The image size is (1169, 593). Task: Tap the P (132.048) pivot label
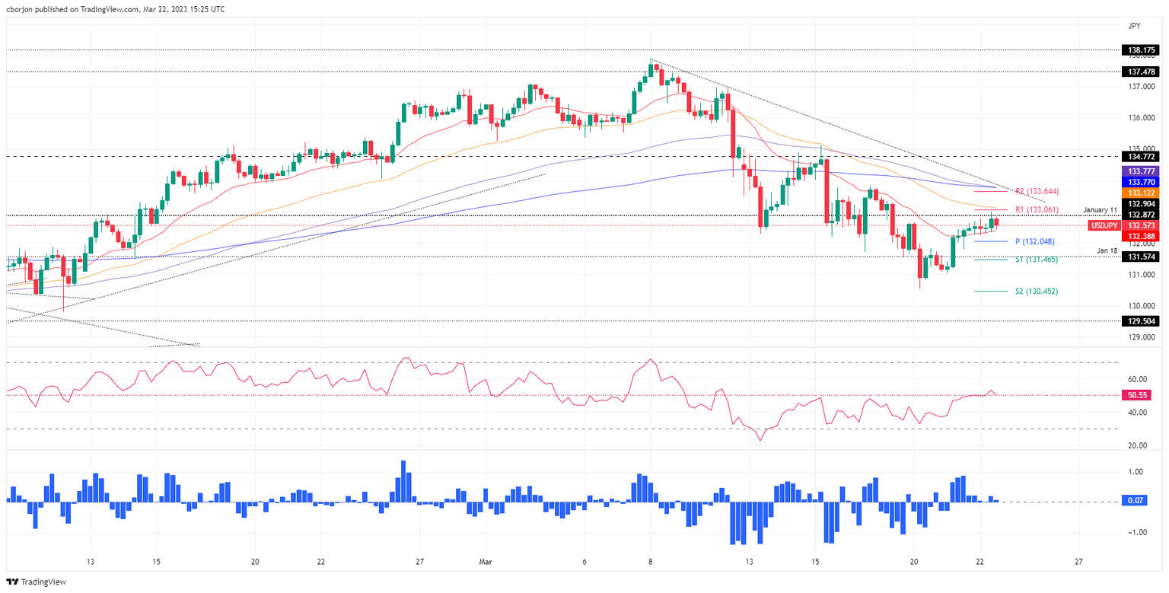[1036, 241]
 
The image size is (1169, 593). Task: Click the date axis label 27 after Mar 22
[1079, 561]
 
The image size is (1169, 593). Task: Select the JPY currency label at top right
[1134, 26]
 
